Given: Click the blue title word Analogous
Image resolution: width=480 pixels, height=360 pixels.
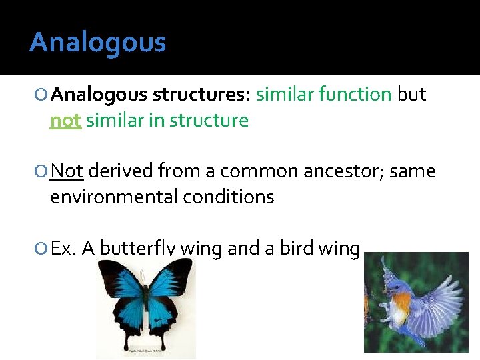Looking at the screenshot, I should [x=97, y=43].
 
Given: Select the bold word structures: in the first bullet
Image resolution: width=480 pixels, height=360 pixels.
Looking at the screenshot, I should [x=201, y=95].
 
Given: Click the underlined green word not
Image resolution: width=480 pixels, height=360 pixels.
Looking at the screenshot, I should [x=65, y=121].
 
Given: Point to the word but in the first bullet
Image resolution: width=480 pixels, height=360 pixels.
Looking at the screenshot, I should [x=411, y=95].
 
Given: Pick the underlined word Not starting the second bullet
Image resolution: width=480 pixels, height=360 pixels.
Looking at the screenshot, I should [x=67, y=171].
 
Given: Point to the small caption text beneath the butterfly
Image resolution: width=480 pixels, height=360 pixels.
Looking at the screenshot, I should [x=145, y=350].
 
